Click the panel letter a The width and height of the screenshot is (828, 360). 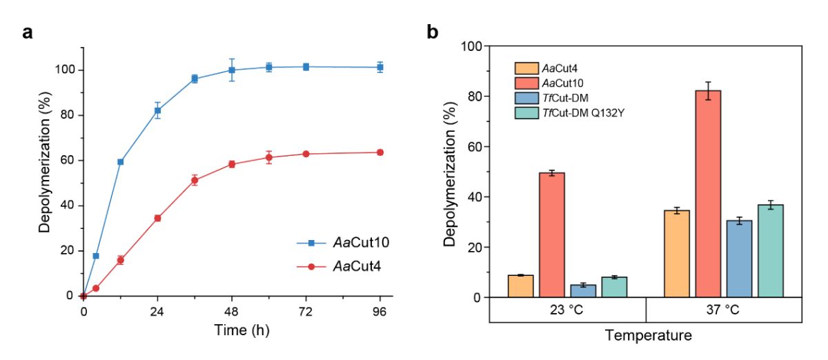pyautogui.click(x=28, y=32)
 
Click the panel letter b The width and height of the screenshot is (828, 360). pyautogui.click(x=433, y=32)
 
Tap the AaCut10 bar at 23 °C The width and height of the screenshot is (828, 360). pyautogui.click(x=551, y=234)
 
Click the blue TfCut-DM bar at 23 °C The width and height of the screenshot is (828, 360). pyautogui.click(x=582, y=290)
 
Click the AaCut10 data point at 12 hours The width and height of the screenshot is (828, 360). pyautogui.click(x=120, y=161)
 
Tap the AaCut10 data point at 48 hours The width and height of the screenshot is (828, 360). pyautogui.click(x=232, y=70)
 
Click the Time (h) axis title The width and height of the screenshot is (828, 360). pyautogui.click(x=232, y=330)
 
